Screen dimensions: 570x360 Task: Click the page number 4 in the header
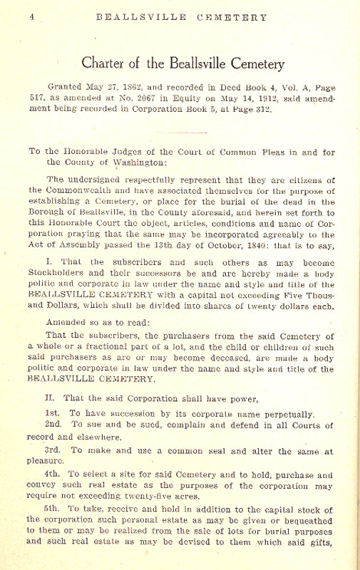pyautogui.click(x=33, y=17)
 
